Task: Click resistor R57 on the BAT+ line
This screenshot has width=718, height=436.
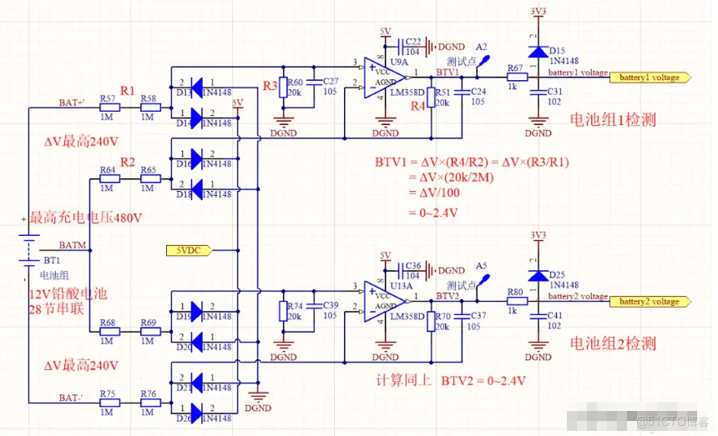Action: pyautogui.click(x=109, y=108)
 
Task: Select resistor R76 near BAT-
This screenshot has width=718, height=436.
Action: pyautogui.click(x=149, y=403)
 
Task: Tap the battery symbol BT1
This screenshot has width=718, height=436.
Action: pyautogui.click(x=29, y=247)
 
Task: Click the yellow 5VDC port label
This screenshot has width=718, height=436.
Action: pyautogui.click(x=189, y=249)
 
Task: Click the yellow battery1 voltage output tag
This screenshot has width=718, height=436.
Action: pyautogui.click(x=650, y=78)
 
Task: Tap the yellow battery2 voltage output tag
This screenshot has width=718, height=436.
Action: pyautogui.click(x=650, y=302)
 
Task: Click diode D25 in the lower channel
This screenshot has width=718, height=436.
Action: pyautogui.click(x=535, y=275)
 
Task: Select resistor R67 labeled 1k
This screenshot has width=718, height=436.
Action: pyautogui.click(x=515, y=78)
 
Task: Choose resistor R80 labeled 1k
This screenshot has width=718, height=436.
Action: pyautogui.click(x=515, y=302)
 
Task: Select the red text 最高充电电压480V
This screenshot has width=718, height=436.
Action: pyautogui.click(x=86, y=218)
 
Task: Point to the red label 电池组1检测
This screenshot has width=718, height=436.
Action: pyautogui.click(x=612, y=120)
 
